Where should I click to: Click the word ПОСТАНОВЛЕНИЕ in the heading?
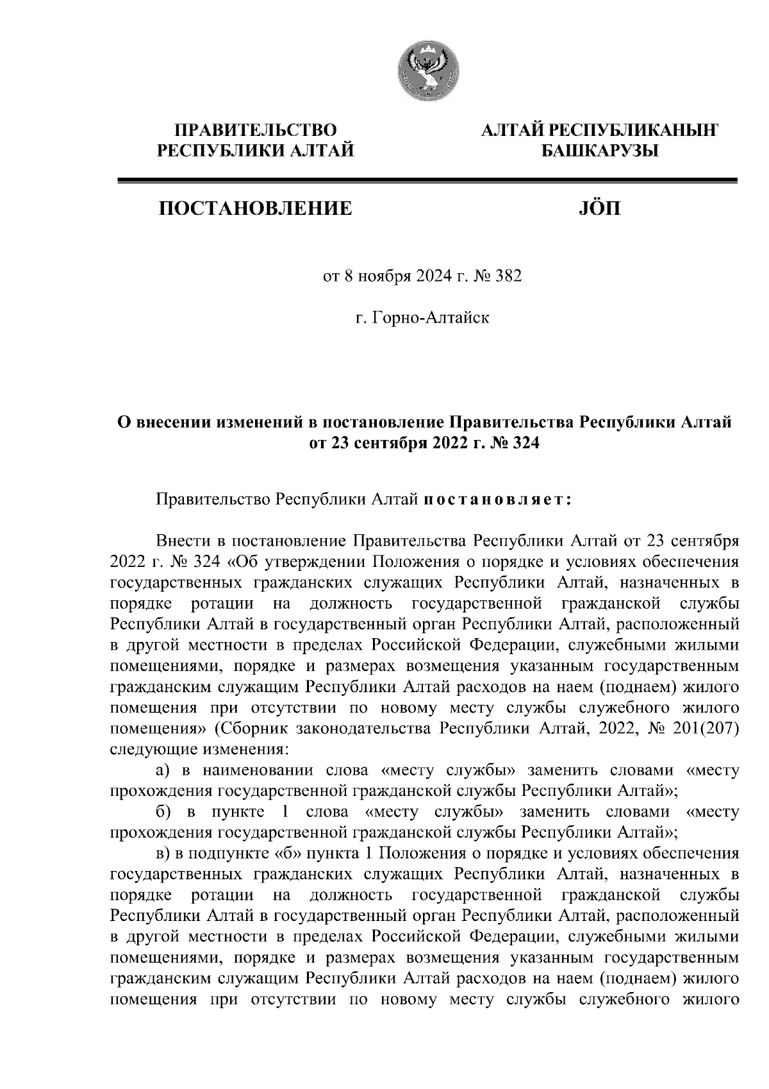click(256, 208)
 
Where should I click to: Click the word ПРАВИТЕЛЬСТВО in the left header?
click(256, 131)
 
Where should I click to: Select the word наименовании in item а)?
click(253, 770)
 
